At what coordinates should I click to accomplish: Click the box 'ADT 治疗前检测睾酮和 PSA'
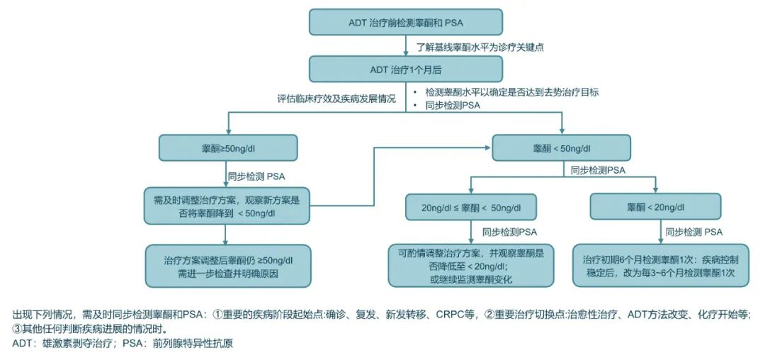click(x=406, y=22)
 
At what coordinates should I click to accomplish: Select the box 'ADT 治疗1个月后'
click(x=406, y=69)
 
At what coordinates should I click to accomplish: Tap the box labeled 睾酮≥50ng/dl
click(x=227, y=148)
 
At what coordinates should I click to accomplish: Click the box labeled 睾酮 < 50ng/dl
click(x=562, y=148)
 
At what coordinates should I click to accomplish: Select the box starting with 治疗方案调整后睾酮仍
click(x=227, y=266)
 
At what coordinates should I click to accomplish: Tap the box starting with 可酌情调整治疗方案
click(x=471, y=266)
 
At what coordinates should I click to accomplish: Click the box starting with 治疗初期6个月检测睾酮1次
click(x=655, y=266)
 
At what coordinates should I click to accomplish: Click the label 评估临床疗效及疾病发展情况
click(x=336, y=99)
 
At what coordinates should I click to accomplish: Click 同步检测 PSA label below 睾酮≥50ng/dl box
click(x=256, y=175)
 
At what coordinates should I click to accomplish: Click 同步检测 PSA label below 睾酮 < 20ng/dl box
click(x=693, y=232)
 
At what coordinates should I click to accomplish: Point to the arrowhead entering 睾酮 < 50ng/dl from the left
click(x=489, y=148)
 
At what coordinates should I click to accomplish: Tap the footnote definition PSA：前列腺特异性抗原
click(x=178, y=344)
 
